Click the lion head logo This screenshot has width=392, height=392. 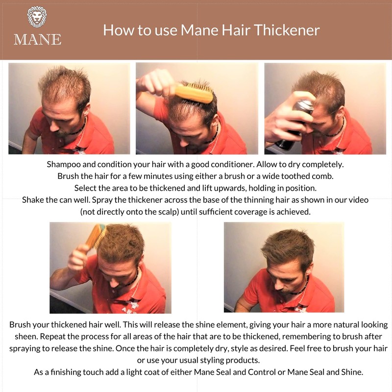37,17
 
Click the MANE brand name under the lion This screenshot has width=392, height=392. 37,39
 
